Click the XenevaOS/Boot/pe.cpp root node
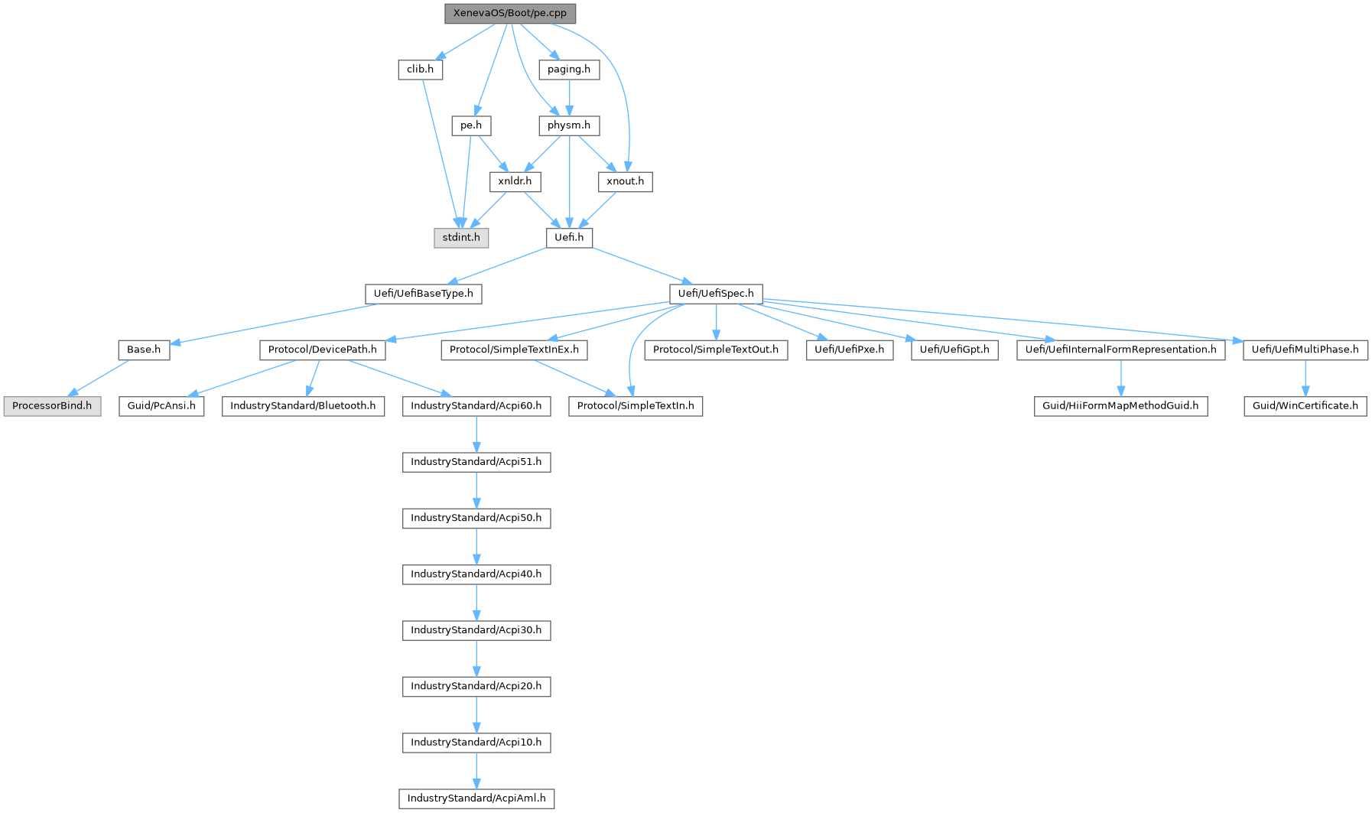(510, 14)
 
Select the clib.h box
(420, 70)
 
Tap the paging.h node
(569, 70)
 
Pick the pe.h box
(471, 125)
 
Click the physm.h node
(569, 125)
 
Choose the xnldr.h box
(515, 181)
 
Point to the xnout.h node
(626, 181)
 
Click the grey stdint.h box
(461, 237)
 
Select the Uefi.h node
(569, 237)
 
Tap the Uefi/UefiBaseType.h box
(424, 294)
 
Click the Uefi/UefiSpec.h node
(716, 294)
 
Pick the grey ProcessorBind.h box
(52, 406)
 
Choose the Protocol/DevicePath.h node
(323, 350)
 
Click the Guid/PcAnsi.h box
(161, 406)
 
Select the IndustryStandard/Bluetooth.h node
(303, 406)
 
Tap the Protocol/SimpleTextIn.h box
(636, 406)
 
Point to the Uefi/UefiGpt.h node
(954, 350)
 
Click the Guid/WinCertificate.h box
(1305, 406)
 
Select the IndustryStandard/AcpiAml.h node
(476, 798)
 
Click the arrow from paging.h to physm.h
(569, 97)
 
